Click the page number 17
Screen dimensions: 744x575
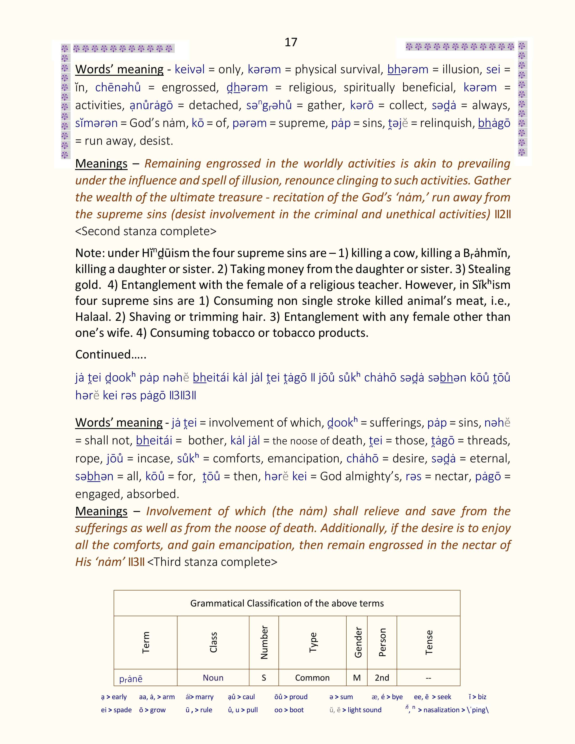tap(291, 42)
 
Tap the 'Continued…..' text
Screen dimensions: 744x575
tap(111, 355)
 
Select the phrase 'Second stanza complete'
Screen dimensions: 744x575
tap(146, 231)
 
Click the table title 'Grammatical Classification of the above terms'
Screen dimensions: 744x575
tap(287, 603)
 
